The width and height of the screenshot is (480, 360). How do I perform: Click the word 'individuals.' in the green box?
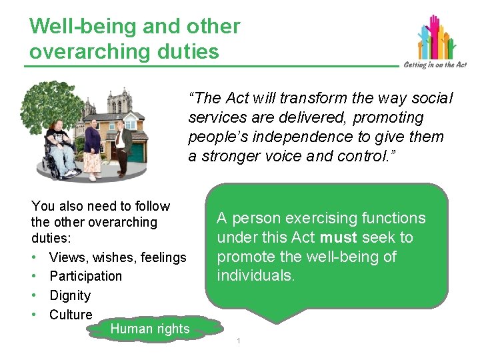(x=255, y=276)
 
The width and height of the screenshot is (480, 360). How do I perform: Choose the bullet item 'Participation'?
(x=85, y=276)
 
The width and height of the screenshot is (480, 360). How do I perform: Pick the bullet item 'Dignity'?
(x=69, y=295)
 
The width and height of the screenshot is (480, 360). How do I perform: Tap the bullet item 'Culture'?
(x=71, y=315)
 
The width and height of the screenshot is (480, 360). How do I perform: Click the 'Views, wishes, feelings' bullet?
(x=117, y=257)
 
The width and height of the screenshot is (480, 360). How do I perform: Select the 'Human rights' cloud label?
(x=149, y=328)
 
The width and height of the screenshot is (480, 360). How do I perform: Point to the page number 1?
(x=239, y=342)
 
